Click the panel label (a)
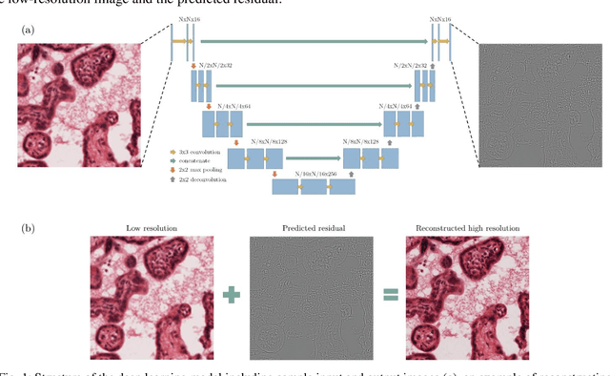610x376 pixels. click(29, 29)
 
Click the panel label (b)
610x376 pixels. click(29, 229)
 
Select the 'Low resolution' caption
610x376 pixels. click(146, 228)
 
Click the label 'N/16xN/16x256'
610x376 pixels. click(314, 173)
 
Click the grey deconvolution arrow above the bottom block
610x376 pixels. click(354, 174)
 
